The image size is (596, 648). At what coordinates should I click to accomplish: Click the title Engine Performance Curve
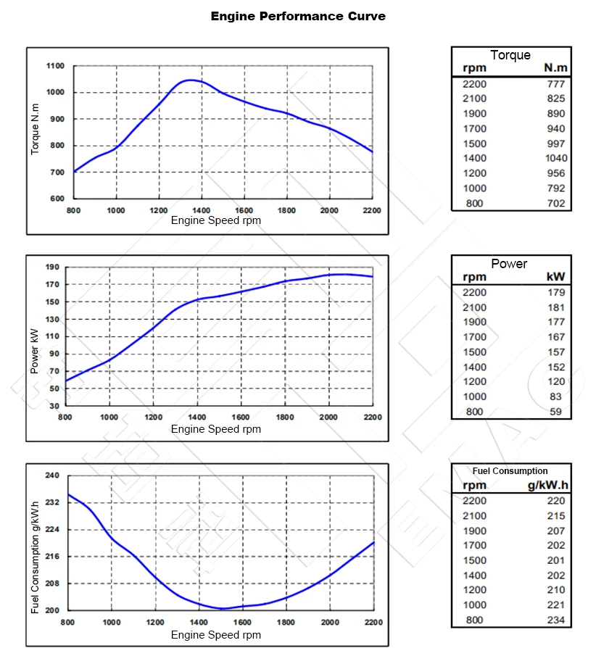tap(298, 16)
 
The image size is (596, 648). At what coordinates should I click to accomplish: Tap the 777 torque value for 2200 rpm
tap(556, 83)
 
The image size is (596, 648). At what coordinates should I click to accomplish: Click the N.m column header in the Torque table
tap(555, 68)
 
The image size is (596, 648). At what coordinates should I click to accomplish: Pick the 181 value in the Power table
tap(556, 307)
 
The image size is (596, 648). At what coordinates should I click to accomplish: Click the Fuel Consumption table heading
tap(510, 470)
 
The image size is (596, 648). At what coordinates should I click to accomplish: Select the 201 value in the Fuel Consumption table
tap(555, 560)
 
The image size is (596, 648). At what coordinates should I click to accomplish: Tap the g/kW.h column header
tap(547, 485)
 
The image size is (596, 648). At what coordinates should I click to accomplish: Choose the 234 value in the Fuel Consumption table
tap(555, 620)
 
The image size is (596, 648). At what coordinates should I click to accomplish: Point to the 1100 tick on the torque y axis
tap(56, 66)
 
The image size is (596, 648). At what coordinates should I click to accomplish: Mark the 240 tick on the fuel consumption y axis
tap(52, 475)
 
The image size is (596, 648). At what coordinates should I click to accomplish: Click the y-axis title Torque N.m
tap(35, 129)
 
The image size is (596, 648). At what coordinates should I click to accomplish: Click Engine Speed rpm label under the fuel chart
tap(215, 635)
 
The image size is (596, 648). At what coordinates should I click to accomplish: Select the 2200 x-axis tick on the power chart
tap(372, 418)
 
